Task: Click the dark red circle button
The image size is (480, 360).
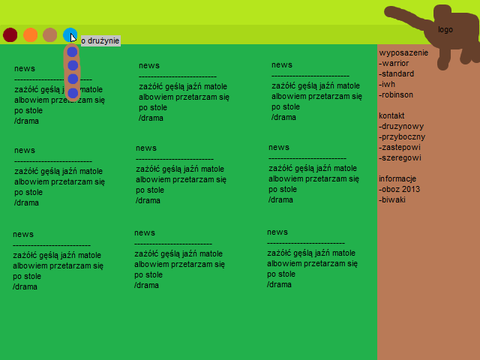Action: pos(10,34)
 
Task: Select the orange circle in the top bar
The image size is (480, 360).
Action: pos(31,34)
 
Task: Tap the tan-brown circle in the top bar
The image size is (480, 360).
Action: pos(50,34)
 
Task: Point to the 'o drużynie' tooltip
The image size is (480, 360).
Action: pos(100,40)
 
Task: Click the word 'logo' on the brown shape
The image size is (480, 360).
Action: pos(445,30)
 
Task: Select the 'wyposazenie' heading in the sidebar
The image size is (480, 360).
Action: pos(403,53)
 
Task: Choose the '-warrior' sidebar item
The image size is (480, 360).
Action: pos(394,64)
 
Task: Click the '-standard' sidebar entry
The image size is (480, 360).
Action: pos(397,74)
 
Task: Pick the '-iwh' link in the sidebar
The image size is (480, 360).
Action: pos(387,85)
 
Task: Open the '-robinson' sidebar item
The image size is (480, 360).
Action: pos(396,95)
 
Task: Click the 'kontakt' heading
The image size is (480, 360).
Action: pos(391,116)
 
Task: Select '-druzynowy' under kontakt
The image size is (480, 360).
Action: pos(401,127)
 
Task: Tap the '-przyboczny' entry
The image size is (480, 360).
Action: pos(402,137)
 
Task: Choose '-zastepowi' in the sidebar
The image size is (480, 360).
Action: pos(400,148)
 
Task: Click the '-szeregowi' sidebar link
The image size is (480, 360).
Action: pos(400,158)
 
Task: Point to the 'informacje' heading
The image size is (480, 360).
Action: pos(397,179)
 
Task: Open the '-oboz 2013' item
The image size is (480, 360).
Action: pos(400,190)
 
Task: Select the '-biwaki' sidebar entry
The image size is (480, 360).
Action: pos(392,200)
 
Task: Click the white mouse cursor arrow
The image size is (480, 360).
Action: pos(73,37)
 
